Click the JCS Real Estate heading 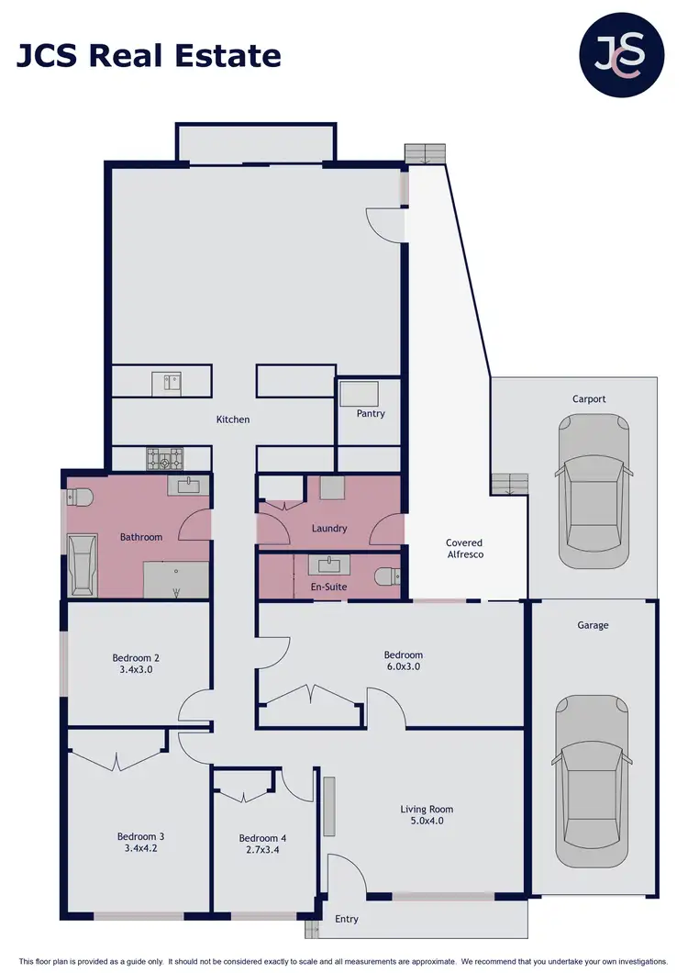(149, 56)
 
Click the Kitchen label (232, 419)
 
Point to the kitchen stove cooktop (165, 458)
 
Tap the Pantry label (371, 414)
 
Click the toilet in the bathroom (80, 498)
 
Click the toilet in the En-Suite (388, 577)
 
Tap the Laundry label (329, 529)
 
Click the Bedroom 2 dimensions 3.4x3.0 (136, 670)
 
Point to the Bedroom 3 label (140, 836)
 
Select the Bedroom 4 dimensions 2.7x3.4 (262, 851)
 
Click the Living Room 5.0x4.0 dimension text (427, 822)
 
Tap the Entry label (347, 919)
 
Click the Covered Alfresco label (464, 549)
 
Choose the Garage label (593, 625)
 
